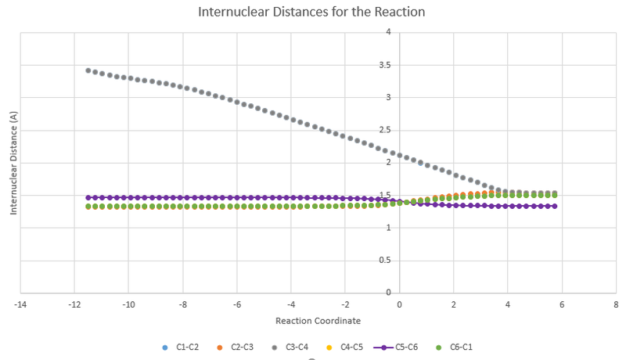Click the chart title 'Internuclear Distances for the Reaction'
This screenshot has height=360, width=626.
313,13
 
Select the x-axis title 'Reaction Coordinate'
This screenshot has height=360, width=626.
318,320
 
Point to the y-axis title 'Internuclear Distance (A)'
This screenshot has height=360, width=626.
13,163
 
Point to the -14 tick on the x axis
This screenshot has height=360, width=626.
20,303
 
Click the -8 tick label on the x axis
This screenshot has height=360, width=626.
182,303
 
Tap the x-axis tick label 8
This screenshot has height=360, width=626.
616,303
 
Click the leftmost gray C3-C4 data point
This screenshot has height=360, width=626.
88,70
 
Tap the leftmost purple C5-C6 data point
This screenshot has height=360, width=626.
88,197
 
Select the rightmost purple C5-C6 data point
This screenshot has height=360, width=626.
556,206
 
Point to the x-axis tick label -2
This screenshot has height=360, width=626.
344,303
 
